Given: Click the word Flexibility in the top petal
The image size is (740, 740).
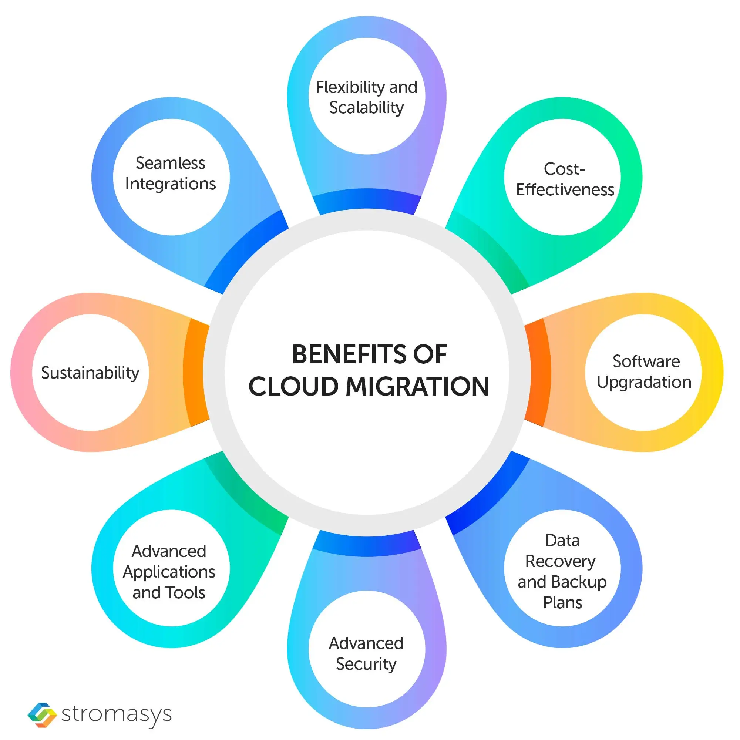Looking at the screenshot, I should [x=350, y=88].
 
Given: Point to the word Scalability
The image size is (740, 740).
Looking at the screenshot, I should [x=367, y=108].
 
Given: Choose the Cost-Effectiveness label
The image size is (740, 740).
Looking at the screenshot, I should [x=565, y=179].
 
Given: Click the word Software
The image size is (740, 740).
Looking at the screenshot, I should [x=646, y=361].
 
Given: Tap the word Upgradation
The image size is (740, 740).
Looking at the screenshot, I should [x=644, y=382].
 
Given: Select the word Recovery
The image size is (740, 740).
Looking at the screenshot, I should [x=560, y=561].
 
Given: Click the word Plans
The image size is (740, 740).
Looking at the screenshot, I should [x=562, y=603].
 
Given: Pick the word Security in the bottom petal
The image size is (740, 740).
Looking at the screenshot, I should [x=366, y=664].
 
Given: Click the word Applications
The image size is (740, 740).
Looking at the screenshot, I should [x=169, y=572].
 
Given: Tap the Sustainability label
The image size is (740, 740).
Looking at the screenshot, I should [x=90, y=373].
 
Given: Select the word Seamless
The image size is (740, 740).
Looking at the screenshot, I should [x=171, y=163].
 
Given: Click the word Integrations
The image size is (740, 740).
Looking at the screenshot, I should [x=171, y=184].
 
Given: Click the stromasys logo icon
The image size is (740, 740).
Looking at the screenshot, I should [x=42, y=715].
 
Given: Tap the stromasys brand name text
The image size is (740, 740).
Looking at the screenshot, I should [x=117, y=715].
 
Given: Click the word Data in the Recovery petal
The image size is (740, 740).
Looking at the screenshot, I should [x=562, y=541].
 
